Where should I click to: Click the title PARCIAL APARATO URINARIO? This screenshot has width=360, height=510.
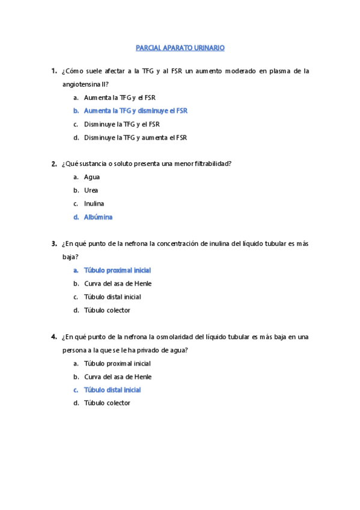(180, 47)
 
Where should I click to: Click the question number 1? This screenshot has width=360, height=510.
(54, 71)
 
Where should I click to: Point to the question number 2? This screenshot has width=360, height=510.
(54, 164)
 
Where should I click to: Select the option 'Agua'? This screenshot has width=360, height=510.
(92, 177)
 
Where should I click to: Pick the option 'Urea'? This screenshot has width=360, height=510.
(91, 191)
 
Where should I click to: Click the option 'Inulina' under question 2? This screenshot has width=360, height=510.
(94, 204)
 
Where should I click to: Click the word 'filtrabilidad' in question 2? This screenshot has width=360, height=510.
(212, 164)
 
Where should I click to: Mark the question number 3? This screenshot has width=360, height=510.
(54, 244)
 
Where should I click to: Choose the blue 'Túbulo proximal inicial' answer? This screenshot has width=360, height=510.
(117, 271)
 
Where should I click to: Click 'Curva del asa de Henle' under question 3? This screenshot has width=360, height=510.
(117, 284)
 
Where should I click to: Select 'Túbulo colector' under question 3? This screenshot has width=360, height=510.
(107, 310)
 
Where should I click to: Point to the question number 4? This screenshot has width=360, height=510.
(54, 337)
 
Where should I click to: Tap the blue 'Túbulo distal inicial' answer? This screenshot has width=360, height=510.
(112, 390)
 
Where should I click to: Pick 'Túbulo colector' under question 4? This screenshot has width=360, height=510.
(107, 404)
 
